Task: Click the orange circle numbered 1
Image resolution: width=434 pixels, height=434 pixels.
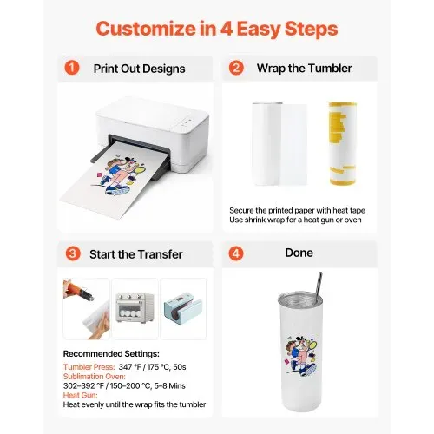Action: (72, 68)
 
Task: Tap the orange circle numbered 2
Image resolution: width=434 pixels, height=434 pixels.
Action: (236, 68)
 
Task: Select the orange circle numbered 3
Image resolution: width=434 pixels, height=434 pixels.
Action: (73, 253)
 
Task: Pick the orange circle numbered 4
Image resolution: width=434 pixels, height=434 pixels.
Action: (236, 253)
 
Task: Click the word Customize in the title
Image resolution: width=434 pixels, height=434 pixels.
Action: (146, 29)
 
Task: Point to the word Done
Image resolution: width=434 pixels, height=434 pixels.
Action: (299, 253)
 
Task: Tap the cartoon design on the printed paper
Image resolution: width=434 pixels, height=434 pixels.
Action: (119, 175)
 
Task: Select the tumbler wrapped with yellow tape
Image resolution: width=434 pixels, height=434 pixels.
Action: (343, 143)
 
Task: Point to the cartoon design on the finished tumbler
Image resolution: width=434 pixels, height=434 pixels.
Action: (301, 356)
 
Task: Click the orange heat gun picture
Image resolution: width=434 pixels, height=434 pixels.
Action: (86, 309)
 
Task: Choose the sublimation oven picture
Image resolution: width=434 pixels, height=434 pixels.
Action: (135, 308)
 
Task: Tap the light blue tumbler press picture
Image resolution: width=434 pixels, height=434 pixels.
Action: (183, 310)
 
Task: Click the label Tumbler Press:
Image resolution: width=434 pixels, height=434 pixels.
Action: (89, 367)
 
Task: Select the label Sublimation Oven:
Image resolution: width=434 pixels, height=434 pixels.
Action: (95, 377)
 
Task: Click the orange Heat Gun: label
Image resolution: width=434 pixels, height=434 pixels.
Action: (81, 395)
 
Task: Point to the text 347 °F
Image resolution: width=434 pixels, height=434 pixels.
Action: (130, 367)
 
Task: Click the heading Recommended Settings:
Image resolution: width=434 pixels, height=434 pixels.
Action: (111, 354)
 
